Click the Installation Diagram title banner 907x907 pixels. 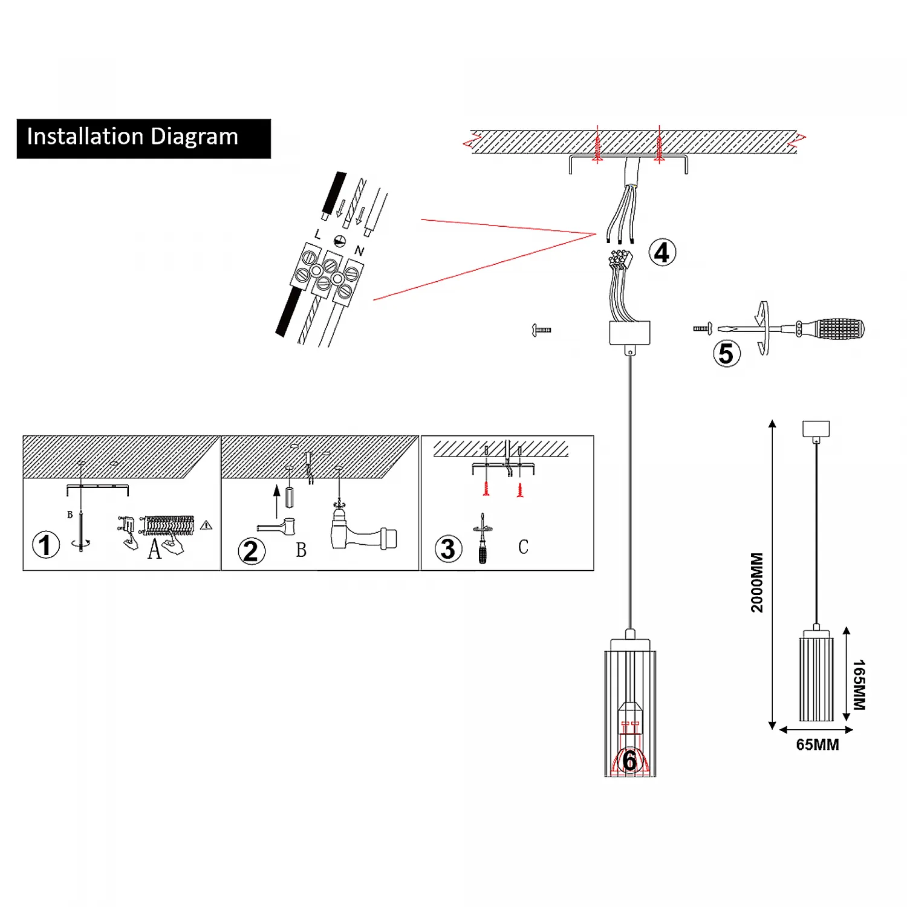(143, 138)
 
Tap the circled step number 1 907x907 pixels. (46, 545)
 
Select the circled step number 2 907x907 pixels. (251, 551)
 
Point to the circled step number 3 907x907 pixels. (448, 549)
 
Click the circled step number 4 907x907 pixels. (662, 253)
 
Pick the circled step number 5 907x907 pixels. (726, 354)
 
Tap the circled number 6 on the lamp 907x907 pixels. (629, 761)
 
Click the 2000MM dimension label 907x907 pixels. (757, 582)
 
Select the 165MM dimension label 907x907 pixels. (859, 684)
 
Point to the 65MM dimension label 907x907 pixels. (817, 745)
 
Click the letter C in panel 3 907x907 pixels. (523, 547)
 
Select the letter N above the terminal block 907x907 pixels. (360, 250)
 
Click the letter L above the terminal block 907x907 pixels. (318, 234)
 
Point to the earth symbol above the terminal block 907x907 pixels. (340, 240)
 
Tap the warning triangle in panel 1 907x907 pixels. (206, 525)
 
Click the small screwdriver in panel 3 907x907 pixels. (483, 539)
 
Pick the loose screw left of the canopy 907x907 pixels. (541, 330)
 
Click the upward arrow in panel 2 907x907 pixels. (277, 501)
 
